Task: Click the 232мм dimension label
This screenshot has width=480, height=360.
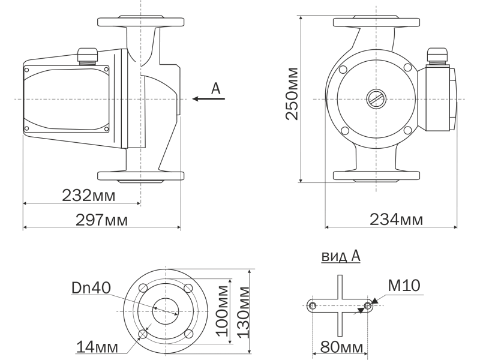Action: tap(89, 196)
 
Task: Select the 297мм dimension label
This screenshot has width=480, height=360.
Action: tap(101, 220)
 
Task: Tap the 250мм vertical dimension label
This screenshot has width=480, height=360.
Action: tap(292, 94)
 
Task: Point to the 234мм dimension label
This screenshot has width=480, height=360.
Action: tap(397, 220)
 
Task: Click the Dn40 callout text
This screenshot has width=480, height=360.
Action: tap(91, 288)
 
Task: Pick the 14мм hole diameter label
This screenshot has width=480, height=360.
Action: tap(97, 347)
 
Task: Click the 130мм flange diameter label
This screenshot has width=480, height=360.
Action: tap(244, 312)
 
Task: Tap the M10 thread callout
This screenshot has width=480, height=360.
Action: tap(404, 286)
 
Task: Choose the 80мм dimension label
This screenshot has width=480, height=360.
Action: tap(341, 347)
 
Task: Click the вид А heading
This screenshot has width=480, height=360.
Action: tap(341, 256)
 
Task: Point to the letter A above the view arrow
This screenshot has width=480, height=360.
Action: tap(216, 88)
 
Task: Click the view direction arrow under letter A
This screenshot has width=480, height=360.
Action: tap(208, 98)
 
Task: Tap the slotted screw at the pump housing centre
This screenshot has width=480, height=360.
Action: tap(376, 99)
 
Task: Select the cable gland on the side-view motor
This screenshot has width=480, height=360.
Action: tap(87, 56)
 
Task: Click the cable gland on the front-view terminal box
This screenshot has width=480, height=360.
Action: tap(437, 56)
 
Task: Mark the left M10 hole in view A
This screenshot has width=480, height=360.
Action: tap(313, 305)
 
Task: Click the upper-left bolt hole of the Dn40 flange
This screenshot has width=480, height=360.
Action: tap(143, 288)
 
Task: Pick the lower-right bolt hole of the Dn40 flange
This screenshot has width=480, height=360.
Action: tap(188, 334)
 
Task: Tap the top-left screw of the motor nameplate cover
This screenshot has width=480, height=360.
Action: tap(26, 70)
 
